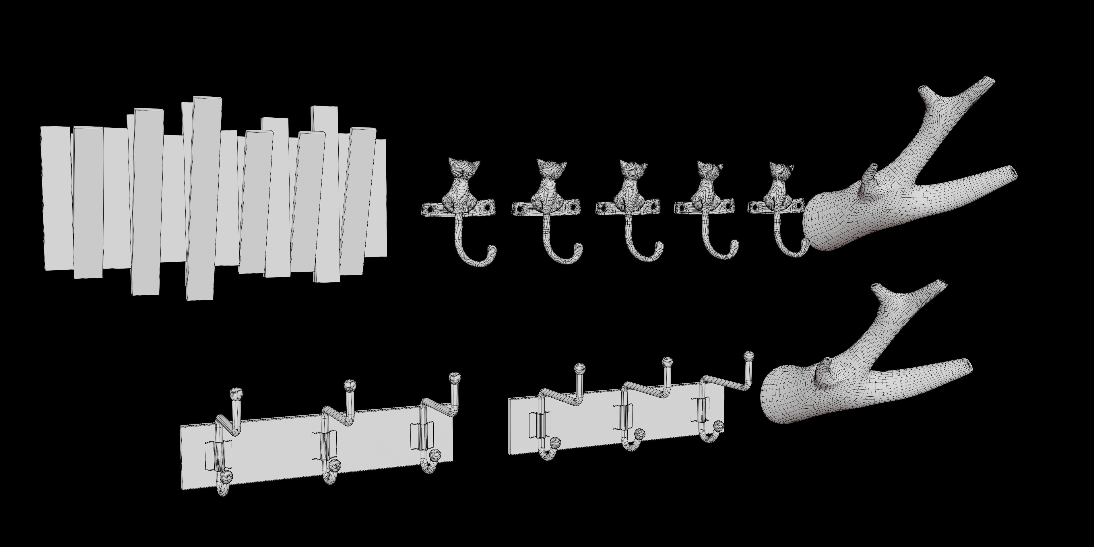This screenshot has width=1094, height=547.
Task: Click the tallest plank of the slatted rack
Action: point(203,197)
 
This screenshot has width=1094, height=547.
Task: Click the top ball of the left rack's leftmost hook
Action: point(236,394)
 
